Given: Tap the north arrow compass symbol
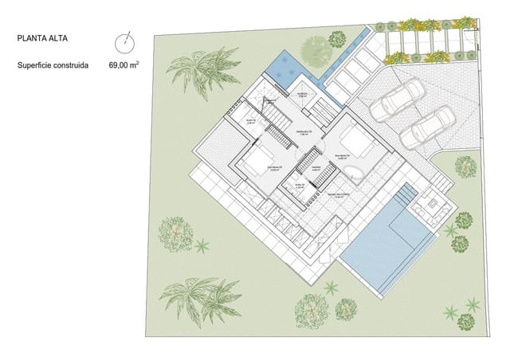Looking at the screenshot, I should pyautogui.click(x=123, y=41).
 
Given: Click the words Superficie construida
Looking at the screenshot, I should pyautogui.click(x=53, y=68).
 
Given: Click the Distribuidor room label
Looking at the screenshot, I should pyautogui.click(x=303, y=132).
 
